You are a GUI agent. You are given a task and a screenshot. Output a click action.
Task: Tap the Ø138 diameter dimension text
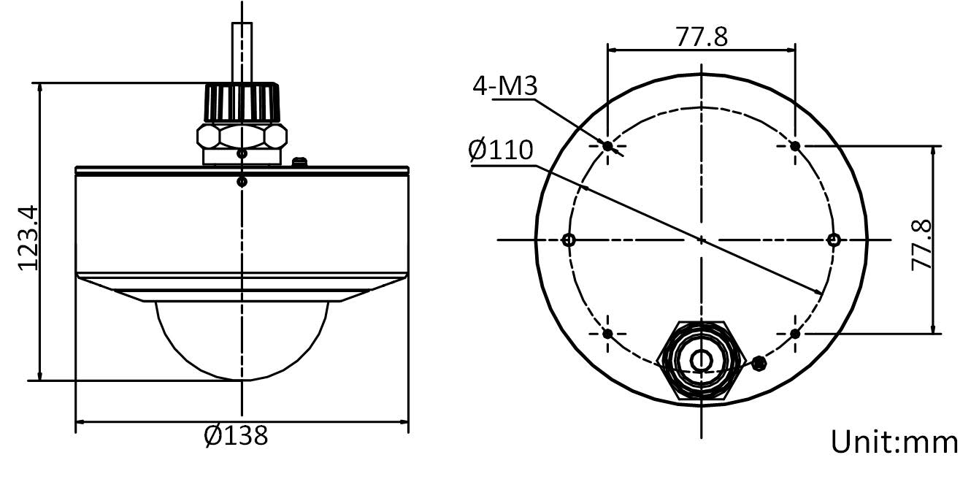click(x=236, y=436)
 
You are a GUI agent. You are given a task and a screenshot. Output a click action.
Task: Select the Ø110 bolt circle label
click(x=501, y=150)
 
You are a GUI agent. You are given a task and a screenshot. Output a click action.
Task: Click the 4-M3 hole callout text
click(x=504, y=86)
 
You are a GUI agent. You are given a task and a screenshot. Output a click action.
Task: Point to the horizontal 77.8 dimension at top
click(x=701, y=37)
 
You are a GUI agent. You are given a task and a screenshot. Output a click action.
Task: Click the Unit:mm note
click(x=894, y=442)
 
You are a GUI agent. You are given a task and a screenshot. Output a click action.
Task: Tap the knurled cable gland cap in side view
click(x=242, y=102)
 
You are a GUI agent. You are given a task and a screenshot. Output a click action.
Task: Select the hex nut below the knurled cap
click(x=242, y=136)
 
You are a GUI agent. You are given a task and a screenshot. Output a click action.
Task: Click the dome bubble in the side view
click(x=242, y=340)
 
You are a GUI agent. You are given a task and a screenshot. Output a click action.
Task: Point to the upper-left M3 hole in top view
click(x=607, y=146)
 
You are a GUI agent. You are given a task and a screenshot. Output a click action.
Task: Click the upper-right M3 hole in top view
click(x=795, y=146)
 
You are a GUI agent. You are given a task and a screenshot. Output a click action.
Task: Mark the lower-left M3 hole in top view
click(x=607, y=334)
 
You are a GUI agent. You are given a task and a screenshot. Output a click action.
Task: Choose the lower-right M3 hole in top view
click(x=795, y=334)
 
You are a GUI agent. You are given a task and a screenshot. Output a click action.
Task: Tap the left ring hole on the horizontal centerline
click(x=569, y=240)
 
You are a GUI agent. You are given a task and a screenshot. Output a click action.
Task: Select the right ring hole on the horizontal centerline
click(x=834, y=240)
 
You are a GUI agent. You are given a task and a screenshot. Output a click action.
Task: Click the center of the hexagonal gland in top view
click(x=701, y=360)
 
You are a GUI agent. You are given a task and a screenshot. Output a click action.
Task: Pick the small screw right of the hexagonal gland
click(x=759, y=362)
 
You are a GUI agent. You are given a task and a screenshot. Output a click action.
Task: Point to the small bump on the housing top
click(x=297, y=161)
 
